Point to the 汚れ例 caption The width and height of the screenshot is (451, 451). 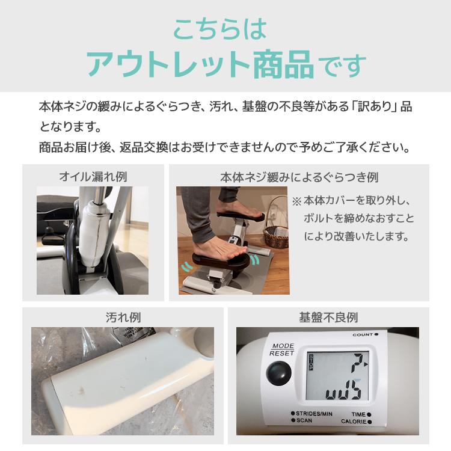122,317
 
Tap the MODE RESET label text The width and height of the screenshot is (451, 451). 282,350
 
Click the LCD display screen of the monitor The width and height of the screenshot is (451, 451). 335,376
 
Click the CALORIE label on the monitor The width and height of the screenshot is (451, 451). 356,422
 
